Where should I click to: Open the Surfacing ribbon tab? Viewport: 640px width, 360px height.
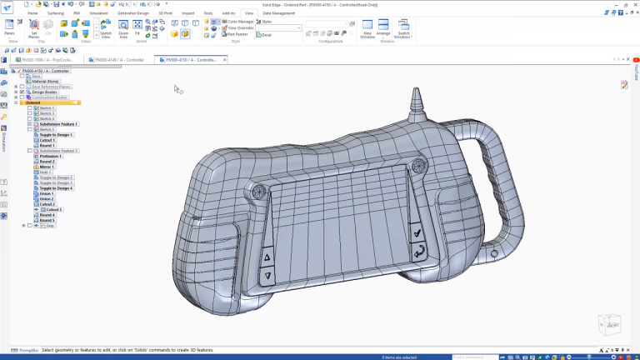tap(55, 13)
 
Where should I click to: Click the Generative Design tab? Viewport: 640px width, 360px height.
tap(133, 13)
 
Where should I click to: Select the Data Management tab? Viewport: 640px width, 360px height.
tap(278, 13)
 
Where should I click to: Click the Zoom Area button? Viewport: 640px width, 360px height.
tap(123, 30)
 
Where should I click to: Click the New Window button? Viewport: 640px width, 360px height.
tap(367, 29)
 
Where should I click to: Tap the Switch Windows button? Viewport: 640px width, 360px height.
tap(403, 29)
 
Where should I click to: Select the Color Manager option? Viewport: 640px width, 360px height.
tap(241, 22)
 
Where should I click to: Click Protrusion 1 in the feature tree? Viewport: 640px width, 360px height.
tap(51, 156)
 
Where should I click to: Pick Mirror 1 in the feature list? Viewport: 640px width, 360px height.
tap(47, 167)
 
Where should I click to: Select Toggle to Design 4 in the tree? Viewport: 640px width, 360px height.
tap(57, 188)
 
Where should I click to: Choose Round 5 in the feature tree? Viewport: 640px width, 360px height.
tap(47, 221)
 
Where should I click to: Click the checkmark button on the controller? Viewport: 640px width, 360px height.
tap(416, 234)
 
